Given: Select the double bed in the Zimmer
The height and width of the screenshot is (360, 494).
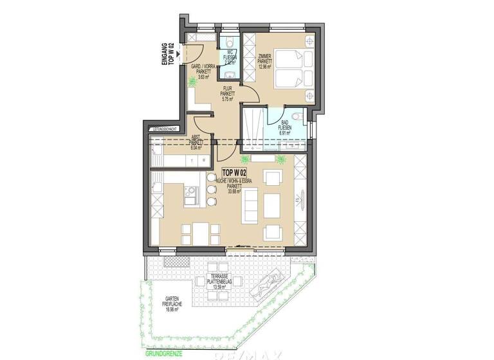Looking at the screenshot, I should (x=292, y=69).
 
